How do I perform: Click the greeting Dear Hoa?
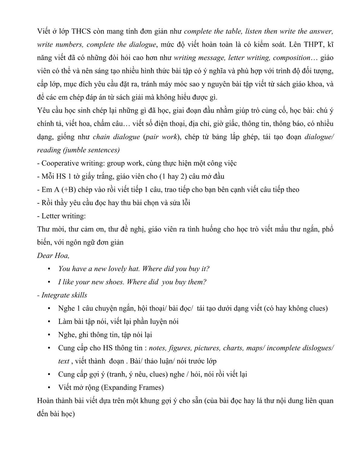pyautogui.click(x=53, y=255)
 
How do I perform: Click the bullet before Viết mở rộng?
pyautogui.click(x=49, y=388)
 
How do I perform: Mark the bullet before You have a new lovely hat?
pyautogui.click(x=49, y=269)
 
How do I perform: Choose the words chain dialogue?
pyautogui.click(x=116, y=137)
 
